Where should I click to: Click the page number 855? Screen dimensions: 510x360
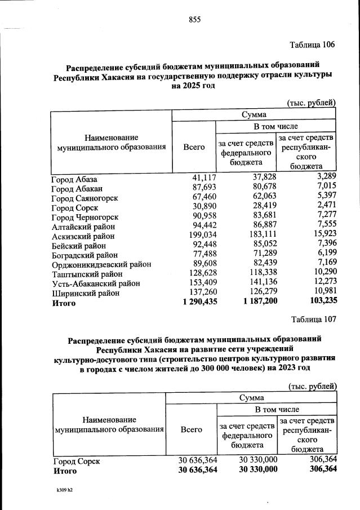click(x=194, y=20)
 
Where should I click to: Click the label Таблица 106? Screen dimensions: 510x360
click(x=313, y=45)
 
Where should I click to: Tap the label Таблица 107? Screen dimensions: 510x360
click(x=314, y=320)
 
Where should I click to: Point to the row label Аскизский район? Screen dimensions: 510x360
click(x=83, y=236)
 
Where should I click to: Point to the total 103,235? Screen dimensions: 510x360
click(x=319, y=303)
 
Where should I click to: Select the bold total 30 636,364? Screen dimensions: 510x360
click(x=197, y=469)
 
